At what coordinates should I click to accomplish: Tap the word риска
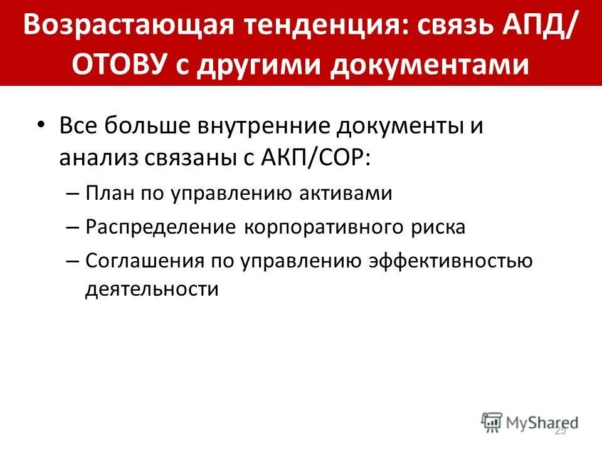click(x=442, y=227)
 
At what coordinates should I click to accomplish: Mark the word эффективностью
click(x=450, y=260)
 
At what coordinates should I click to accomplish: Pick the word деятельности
click(x=152, y=290)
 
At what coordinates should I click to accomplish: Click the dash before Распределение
click(x=72, y=227)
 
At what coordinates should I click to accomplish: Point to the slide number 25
click(x=560, y=432)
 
